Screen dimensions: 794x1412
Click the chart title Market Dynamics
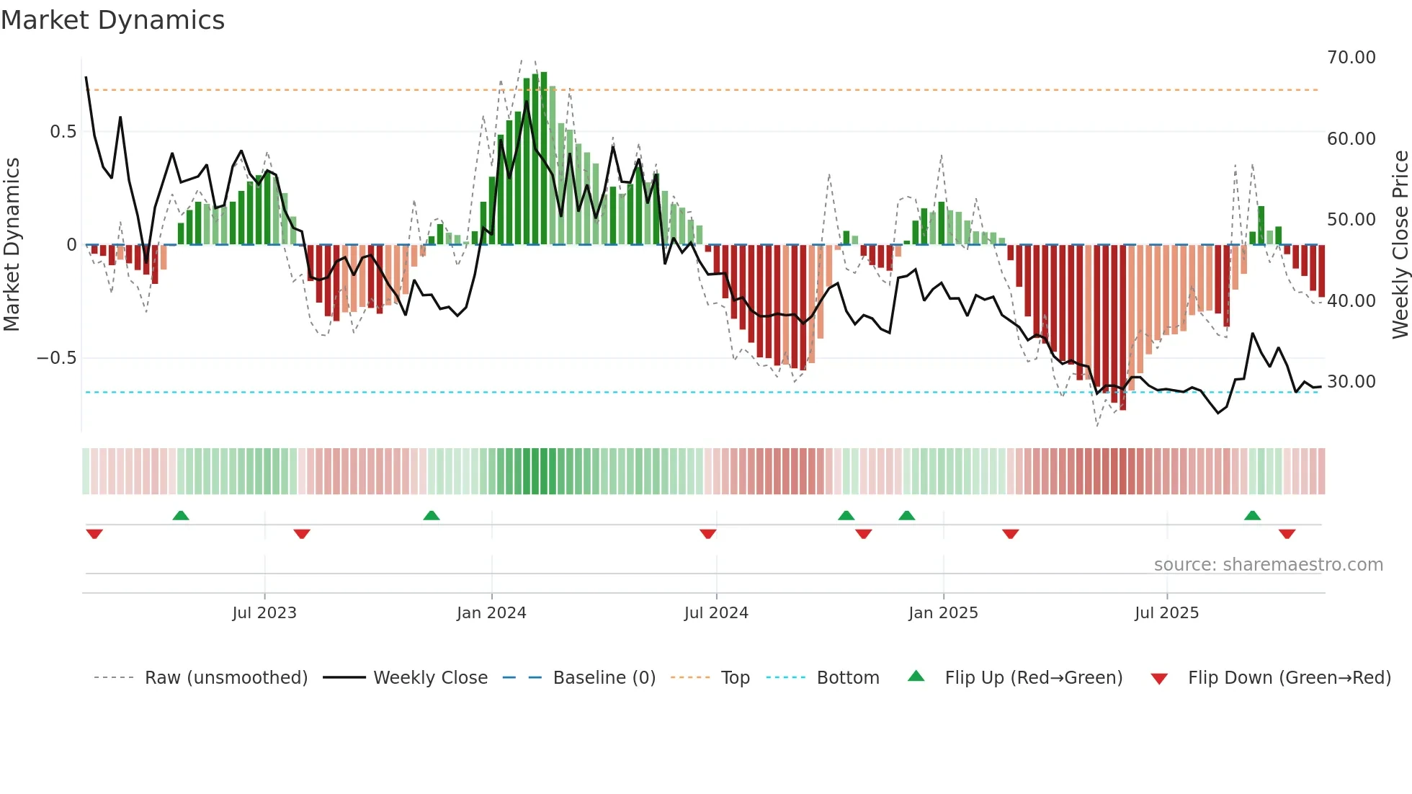pos(113,20)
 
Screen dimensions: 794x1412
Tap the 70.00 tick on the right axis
pos(1351,58)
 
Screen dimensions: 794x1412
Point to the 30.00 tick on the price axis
pos(1351,382)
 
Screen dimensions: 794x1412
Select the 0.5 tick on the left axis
pos(63,132)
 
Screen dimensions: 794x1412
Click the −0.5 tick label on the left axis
pos(57,358)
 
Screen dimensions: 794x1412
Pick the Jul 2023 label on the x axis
pos(264,613)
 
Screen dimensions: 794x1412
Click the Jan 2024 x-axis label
pos(491,613)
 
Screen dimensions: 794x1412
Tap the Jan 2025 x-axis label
pos(943,613)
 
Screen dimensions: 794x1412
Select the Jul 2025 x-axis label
pos(1166,613)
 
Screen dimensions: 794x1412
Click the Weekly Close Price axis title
pos(1400,245)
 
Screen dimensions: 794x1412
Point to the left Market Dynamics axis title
pos(12,245)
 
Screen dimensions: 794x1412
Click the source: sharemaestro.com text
pos(1268,565)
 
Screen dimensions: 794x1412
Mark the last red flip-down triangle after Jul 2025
pos(1287,534)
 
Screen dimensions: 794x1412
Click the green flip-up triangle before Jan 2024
pos(431,515)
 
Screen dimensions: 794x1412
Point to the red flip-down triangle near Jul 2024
pos(707,534)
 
